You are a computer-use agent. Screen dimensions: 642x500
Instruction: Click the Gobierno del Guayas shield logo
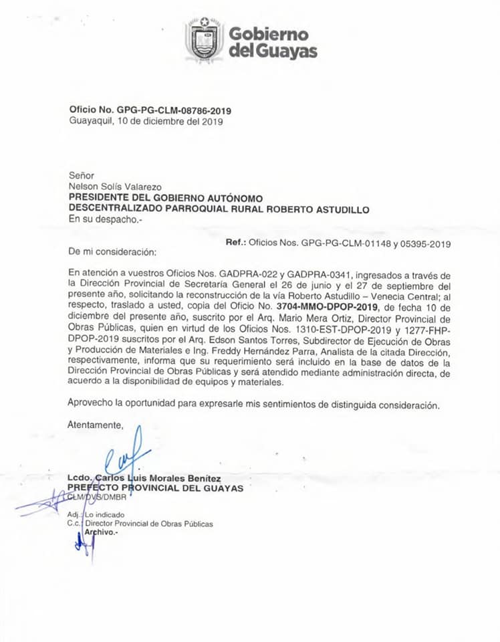coord(204,39)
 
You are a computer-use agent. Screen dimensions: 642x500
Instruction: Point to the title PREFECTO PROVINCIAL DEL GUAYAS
coord(156,488)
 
